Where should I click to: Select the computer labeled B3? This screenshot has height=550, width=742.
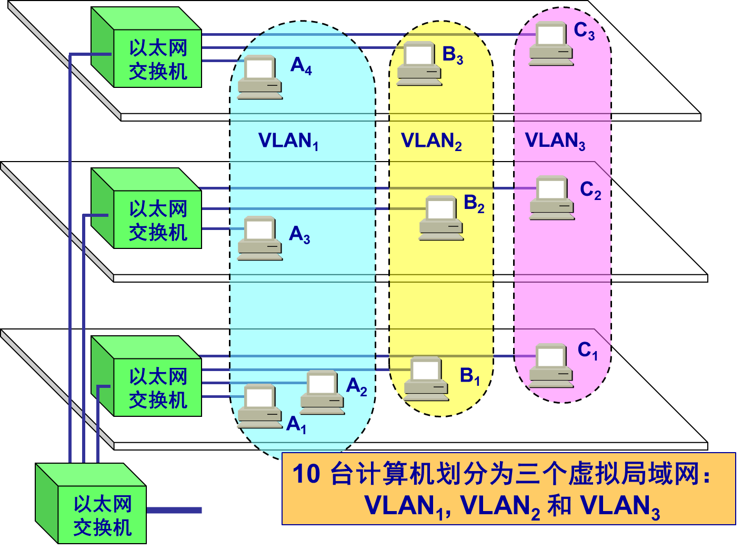point(419,63)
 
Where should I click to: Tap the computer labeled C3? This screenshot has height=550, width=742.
point(551,44)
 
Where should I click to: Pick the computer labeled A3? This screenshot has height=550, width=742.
point(259,238)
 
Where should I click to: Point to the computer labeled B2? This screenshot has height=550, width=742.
point(441,218)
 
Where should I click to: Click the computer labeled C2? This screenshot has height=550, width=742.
point(552,198)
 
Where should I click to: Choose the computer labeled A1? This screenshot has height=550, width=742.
point(259,406)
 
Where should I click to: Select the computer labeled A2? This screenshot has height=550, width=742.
point(322,392)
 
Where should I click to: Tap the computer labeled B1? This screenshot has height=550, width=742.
point(426,378)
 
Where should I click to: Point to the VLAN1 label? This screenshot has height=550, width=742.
point(288,141)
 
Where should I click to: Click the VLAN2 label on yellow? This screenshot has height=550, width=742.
point(431,141)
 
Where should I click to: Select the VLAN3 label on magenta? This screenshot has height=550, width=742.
point(555,141)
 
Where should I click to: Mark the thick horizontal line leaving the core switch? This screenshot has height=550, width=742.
point(174,510)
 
